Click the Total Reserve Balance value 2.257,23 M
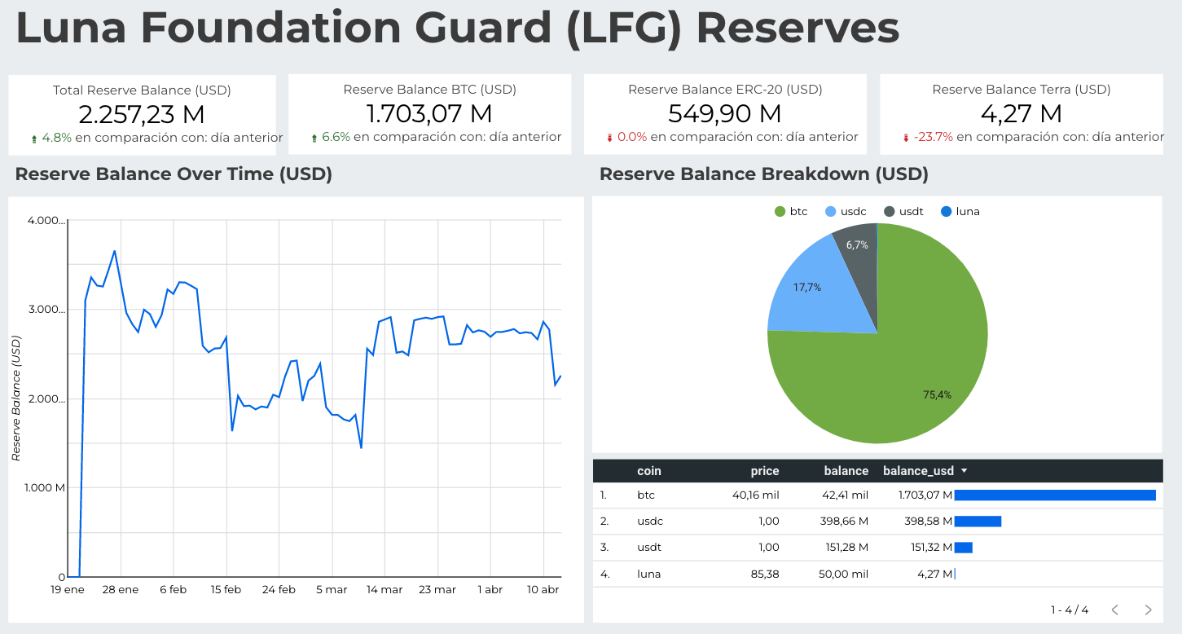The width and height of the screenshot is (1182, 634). pyautogui.click(x=142, y=114)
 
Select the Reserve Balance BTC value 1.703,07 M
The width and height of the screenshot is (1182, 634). pyautogui.click(x=429, y=114)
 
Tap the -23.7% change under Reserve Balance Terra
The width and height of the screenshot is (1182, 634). pyautogui.click(x=933, y=137)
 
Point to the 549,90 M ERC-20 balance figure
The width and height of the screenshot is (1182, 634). pyautogui.click(x=724, y=114)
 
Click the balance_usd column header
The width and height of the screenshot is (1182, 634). pyautogui.click(x=918, y=471)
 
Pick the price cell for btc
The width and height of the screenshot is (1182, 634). pyautogui.click(x=762, y=495)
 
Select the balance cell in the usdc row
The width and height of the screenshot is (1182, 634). pyautogui.click(x=846, y=522)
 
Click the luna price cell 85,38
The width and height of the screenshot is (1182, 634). pyautogui.click(x=763, y=574)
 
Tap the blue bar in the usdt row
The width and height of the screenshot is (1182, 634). pyautogui.click(x=963, y=548)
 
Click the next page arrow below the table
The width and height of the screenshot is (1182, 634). pyautogui.click(x=1148, y=610)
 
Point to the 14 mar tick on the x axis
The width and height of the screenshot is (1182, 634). pyautogui.click(x=384, y=590)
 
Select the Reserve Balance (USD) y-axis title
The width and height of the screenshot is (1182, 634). pyautogui.click(x=16, y=399)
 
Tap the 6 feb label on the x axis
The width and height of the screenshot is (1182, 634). pyautogui.click(x=173, y=590)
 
